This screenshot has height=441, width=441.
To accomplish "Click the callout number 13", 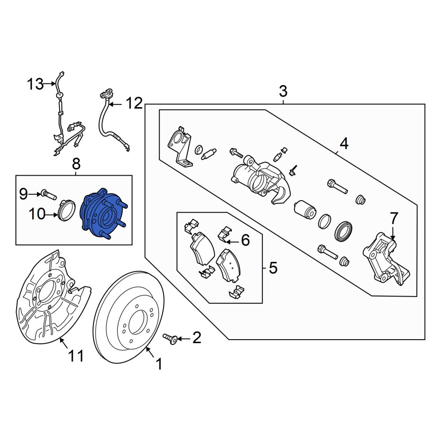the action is (35, 84).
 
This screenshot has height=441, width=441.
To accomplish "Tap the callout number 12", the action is (134, 104).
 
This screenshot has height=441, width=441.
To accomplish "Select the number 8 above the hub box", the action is (76, 164).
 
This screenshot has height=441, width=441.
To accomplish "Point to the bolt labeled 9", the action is (49, 194).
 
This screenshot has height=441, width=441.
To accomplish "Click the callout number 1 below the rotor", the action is (159, 364).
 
